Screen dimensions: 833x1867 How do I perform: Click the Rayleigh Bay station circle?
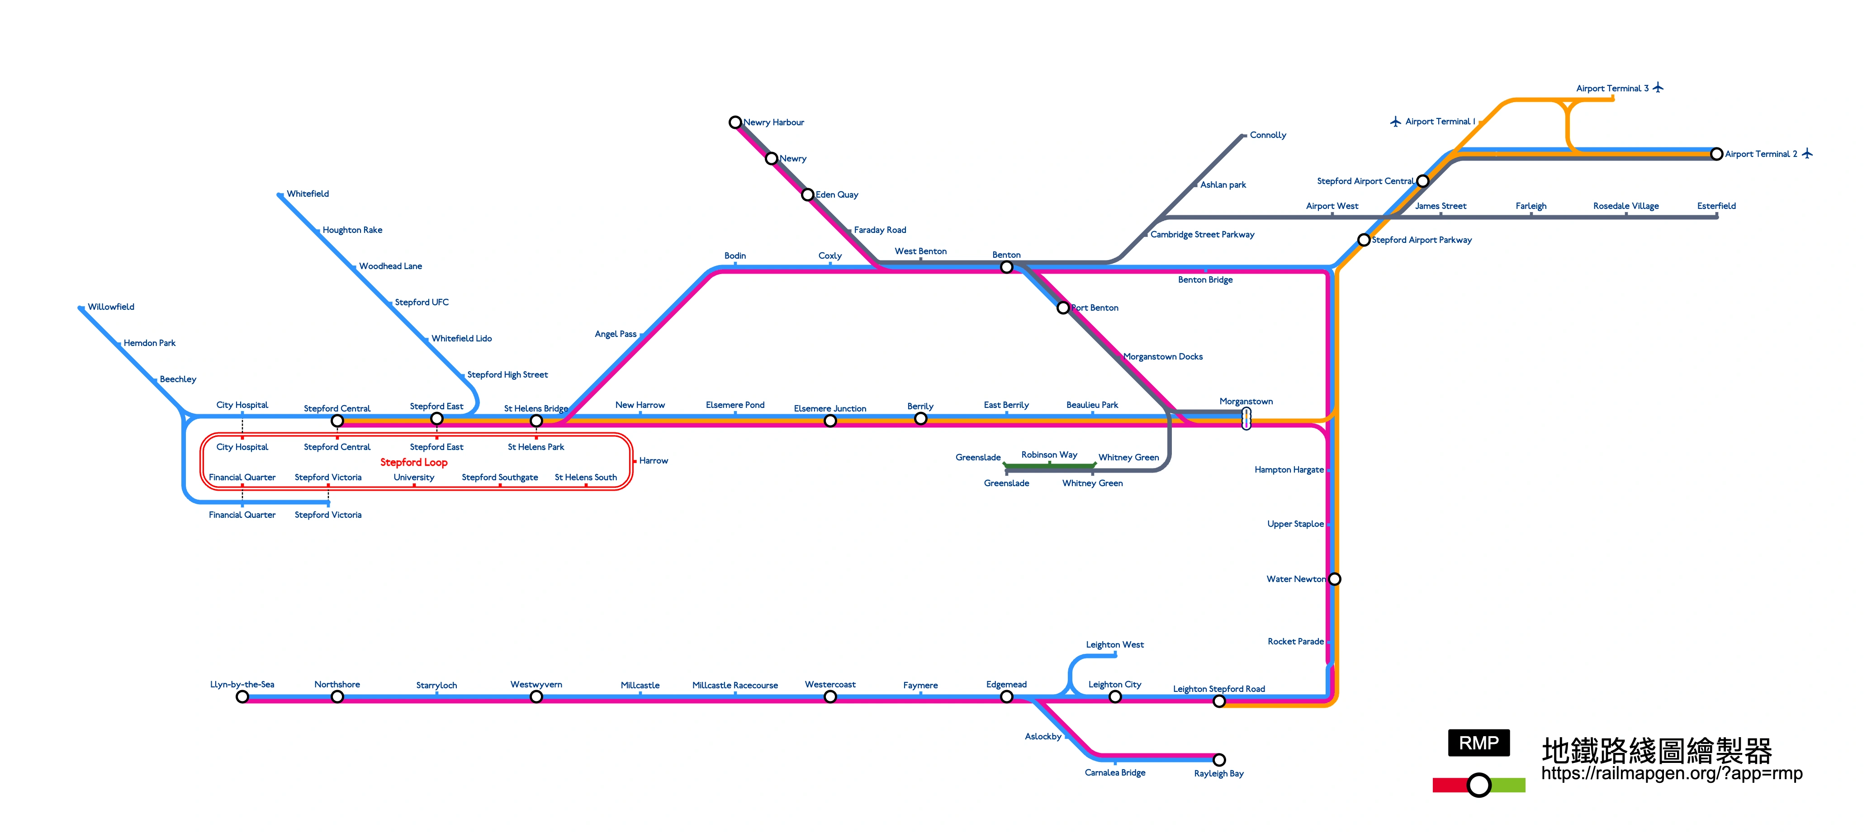(1219, 760)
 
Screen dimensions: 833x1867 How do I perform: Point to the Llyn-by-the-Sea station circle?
(242, 697)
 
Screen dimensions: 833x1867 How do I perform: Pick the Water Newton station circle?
(1334, 579)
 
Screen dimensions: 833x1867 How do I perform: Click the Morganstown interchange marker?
(1246, 418)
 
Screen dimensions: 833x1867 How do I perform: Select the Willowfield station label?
(111, 307)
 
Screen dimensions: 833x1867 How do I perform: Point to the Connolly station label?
(1268, 135)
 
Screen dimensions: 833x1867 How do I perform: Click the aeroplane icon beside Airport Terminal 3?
(1658, 88)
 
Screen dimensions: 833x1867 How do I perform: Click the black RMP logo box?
(1478, 743)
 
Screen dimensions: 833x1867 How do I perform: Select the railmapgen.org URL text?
(1671, 774)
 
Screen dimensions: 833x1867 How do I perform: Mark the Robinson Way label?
(1049, 454)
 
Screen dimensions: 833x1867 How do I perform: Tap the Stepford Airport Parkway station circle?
(1363, 240)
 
